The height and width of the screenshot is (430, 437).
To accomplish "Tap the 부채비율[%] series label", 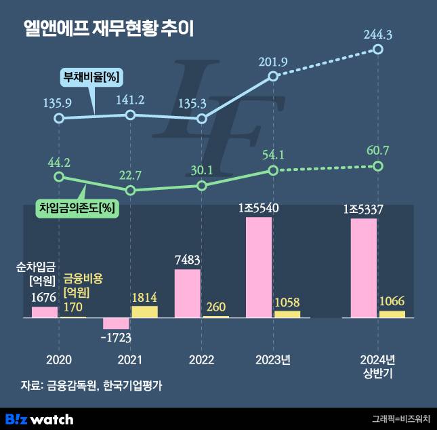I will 91,77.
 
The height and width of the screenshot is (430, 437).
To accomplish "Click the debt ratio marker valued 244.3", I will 378,50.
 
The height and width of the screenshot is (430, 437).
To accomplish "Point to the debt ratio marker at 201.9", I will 273,76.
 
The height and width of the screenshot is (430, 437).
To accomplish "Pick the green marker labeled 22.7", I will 131,191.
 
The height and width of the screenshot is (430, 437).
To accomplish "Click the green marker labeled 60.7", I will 378,166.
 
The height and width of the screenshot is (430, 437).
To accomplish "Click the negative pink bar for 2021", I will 116,324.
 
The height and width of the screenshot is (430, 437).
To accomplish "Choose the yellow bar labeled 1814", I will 144,312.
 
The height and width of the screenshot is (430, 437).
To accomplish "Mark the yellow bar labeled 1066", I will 392,314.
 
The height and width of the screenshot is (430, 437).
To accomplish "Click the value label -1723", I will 117,337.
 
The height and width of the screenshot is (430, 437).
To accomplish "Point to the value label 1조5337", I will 364,210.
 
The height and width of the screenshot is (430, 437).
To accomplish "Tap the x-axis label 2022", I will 201,359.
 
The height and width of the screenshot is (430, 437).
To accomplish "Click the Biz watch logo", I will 39,418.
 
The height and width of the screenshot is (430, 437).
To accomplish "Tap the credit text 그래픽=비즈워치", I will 400,419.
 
